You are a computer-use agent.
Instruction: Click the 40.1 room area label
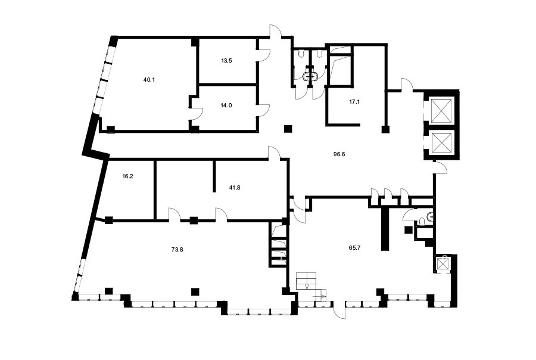coord(149,80)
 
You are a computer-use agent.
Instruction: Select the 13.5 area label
coord(226,61)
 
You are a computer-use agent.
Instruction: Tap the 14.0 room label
coord(226,105)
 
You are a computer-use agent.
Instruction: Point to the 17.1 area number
coord(345,102)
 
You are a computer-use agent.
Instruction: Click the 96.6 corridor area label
coord(339,154)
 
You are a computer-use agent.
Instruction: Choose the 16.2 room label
coord(127,176)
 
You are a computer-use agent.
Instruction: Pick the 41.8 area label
coord(234,188)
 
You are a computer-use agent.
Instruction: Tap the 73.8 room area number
coord(177,250)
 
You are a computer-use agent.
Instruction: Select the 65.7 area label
coord(354,248)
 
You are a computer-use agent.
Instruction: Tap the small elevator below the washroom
coord(442,264)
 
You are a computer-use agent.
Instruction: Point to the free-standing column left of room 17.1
coord(288,129)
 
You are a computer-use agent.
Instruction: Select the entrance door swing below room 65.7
coord(339,310)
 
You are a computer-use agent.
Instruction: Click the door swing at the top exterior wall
coord(276,31)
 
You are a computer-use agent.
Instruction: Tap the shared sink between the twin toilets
coord(311,77)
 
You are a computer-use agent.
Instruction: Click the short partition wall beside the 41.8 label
coord(214,176)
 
